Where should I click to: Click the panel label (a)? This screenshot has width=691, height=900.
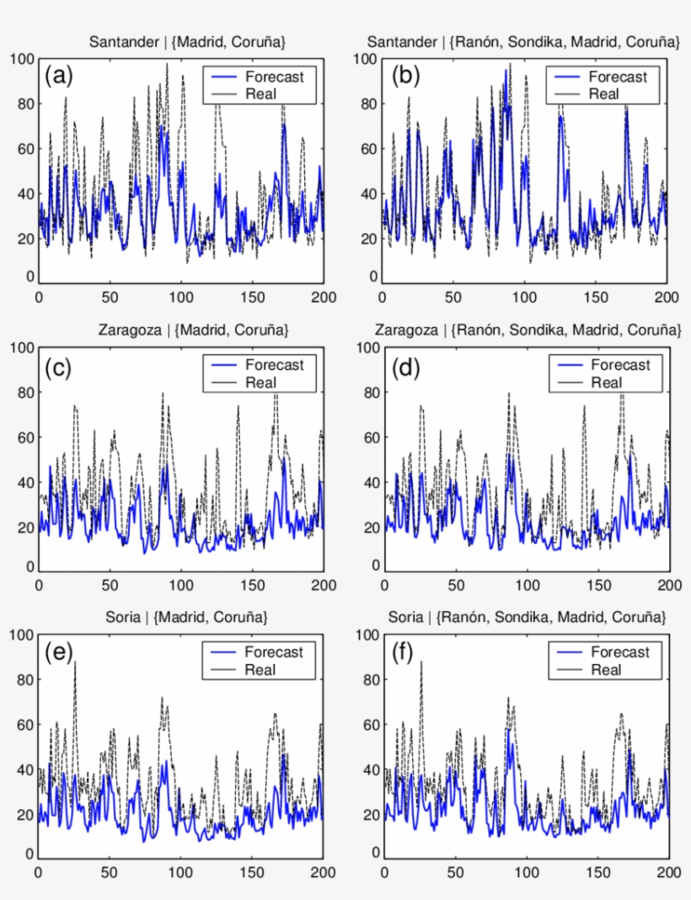pyautogui.click(x=59, y=77)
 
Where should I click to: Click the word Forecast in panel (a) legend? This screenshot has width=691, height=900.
pyautogui.click(x=274, y=77)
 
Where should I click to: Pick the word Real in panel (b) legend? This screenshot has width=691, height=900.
pyautogui.click(x=603, y=94)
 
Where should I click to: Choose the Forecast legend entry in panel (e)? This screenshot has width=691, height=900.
pyautogui.click(x=274, y=652)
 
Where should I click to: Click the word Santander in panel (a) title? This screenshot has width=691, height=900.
pyautogui.click(x=121, y=41)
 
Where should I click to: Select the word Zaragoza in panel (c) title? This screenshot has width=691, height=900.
pyautogui.click(x=123, y=329)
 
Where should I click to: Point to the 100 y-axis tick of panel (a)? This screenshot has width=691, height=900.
pyautogui.click(x=23, y=59)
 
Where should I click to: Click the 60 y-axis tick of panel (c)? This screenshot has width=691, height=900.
pyautogui.click(x=26, y=437)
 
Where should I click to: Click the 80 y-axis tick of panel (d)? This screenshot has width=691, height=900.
pyautogui.click(x=372, y=393)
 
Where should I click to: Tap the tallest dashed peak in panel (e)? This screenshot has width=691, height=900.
pyautogui.click(x=75, y=662)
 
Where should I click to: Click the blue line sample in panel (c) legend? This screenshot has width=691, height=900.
pyautogui.click(x=222, y=366)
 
